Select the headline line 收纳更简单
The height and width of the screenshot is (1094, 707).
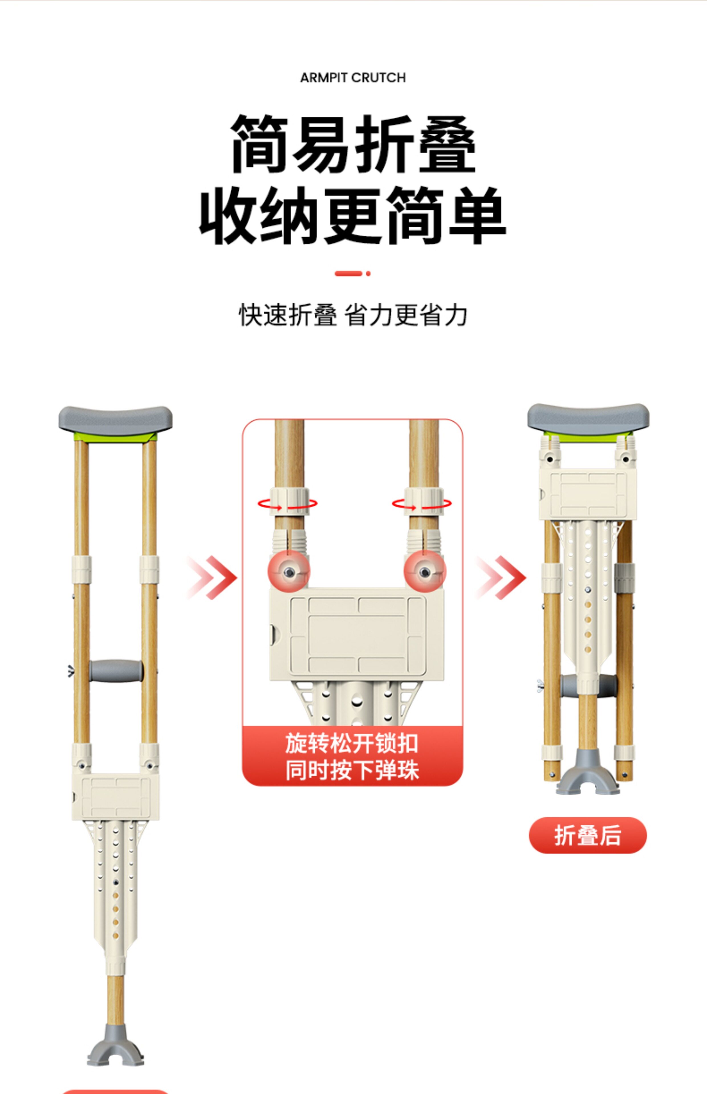(353, 216)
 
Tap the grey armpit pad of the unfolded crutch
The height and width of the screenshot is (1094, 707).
(115, 421)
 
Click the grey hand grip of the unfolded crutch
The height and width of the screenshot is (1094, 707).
(116, 671)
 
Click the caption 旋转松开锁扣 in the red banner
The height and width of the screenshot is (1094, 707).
(352, 743)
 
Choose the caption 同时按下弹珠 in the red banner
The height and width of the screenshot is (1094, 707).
(352, 770)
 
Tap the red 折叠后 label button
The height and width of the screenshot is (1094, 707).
(588, 835)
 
